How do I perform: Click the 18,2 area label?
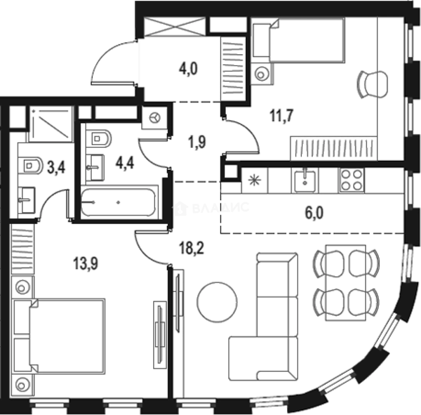pyautogui.click(x=192, y=248)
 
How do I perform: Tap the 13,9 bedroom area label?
pyautogui.click(x=86, y=263)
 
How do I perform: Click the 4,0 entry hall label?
pyautogui.click(x=188, y=69)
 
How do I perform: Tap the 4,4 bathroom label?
pyautogui.click(x=125, y=163)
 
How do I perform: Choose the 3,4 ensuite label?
pyautogui.click(x=56, y=167)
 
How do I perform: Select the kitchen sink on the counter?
pyautogui.click(x=305, y=180)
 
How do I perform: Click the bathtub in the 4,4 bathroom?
pyautogui.click(x=118, y=202)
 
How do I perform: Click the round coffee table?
pyautogui.click(x=217, y=302)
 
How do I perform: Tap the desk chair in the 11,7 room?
pyautogui.click(x=373, y=85)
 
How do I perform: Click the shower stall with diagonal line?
pyautogui.click(x=51, y=124)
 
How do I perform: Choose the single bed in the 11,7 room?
pyautogui.click(x=299, y=40)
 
